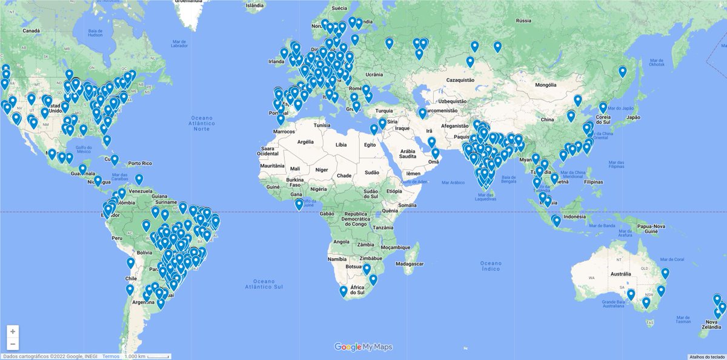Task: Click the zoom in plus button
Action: [13, 332]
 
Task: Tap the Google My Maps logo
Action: [363, 347]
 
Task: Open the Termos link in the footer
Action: [111, 356]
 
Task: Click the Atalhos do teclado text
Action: [706, 356]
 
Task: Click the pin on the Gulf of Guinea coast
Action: [299, 204]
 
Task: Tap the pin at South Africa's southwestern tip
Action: [344, 291]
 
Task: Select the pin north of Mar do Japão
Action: [622, 72]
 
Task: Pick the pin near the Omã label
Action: [435, 153]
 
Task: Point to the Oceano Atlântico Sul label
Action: [264, 284]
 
